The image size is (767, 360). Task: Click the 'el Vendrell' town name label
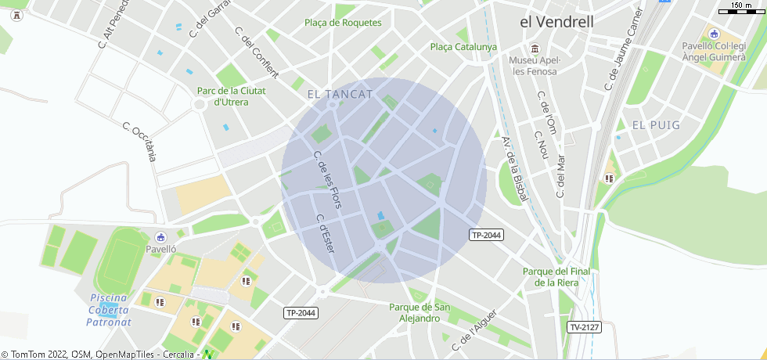556,22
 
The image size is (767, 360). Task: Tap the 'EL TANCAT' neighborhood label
340,94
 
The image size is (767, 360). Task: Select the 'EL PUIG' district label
656,125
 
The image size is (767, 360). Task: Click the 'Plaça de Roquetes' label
343,23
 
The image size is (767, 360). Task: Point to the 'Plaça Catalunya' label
463,47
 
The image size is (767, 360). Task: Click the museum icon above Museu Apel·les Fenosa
535,48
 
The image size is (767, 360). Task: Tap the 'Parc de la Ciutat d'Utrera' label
232,96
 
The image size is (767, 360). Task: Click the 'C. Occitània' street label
139,142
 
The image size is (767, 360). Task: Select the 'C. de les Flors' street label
327,180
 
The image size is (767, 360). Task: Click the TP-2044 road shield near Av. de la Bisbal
486,235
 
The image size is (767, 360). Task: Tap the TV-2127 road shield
584,327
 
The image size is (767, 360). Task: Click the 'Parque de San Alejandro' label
420,312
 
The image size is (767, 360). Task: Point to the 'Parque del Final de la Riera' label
561,277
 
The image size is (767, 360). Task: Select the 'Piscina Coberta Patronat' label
110,309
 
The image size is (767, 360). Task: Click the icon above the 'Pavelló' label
160,236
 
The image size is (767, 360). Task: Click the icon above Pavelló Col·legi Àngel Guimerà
713,34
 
